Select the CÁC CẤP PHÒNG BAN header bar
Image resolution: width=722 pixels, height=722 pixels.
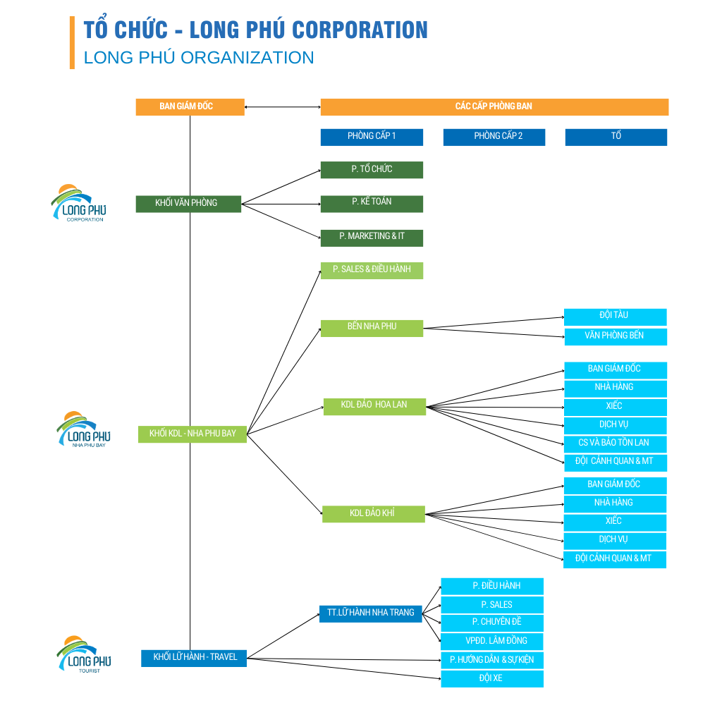pos(494,106)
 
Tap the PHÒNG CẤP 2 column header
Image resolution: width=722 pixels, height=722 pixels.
pos(494,137)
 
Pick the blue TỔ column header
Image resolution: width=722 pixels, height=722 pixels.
pos(616,137)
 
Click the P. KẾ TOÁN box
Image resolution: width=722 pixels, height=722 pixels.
pos(372,203)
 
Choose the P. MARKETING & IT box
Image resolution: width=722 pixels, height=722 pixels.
pos(372,238)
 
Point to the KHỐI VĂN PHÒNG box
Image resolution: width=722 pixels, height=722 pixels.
pos(188,204)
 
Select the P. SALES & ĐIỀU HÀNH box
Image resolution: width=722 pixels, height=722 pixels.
pos(372,270)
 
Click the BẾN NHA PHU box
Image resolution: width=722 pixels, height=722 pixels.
pos(372,328)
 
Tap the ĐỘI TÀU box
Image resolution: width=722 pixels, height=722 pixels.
pos(615,317)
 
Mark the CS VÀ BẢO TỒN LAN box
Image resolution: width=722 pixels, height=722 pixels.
pos(615,444)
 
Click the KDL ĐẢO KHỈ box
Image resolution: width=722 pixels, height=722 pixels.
pos(373,514)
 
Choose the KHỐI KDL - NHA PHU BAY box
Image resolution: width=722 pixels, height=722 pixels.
pos(192,434)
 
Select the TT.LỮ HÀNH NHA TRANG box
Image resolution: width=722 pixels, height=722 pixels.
pos(371,613)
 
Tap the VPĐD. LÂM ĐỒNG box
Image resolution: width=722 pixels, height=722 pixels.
pos(492,642)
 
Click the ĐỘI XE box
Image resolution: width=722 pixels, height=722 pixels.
pos(492,679)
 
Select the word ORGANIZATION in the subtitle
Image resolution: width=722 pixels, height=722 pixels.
pos(247,57)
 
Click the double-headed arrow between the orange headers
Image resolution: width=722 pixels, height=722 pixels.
pos(282,107)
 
